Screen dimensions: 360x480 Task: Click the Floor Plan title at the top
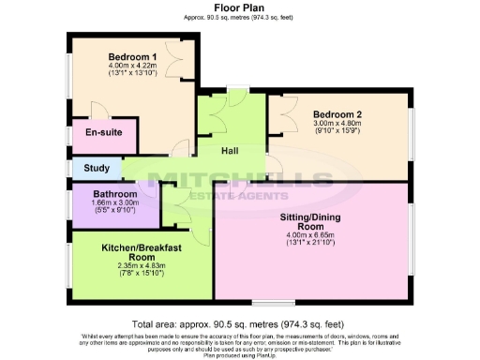(x=239, y=7)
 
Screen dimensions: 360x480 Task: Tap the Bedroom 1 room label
(x=131, y=55)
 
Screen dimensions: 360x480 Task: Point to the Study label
(x=97, y=170)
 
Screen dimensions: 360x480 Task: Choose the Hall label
(x=232, y=151)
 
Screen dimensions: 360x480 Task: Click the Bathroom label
(x=115, y=194)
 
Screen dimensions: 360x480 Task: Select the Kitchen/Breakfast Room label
(x=142, y=252)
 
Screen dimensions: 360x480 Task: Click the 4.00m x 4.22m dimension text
(x=131, y=65)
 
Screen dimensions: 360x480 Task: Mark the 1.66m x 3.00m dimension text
(x=115, y=203)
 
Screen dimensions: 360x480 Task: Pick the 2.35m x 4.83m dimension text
(x=142, y=266)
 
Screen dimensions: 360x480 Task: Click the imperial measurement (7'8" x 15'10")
(x=142, y=275)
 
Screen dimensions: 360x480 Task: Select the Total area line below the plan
(x=240, y=321)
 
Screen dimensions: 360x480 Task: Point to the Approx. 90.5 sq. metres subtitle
(x=239, y=17)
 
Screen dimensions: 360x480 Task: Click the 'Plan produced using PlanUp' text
(x=240, y=354)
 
